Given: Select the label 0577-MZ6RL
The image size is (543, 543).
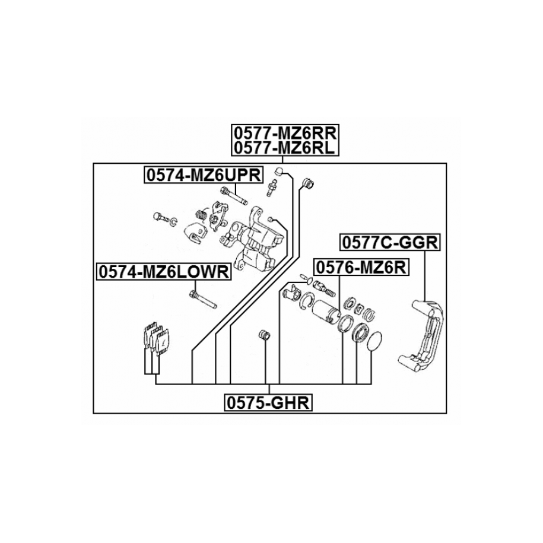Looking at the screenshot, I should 284,147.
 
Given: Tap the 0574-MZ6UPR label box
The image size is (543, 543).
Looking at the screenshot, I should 202,175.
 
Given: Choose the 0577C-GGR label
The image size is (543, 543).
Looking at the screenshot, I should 389,242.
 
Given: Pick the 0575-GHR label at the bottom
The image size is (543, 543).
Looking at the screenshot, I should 268,403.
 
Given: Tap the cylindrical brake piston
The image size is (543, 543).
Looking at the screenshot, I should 325,312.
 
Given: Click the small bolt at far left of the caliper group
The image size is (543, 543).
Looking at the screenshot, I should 159,217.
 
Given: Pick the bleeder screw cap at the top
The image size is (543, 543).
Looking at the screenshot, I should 277,172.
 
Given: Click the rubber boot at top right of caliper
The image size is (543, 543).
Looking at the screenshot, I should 307,183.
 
